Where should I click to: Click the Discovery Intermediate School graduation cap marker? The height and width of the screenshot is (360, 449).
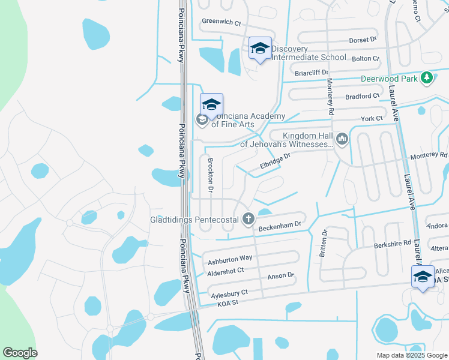click(260, 49)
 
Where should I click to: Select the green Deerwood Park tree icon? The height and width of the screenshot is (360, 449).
click(427, 78)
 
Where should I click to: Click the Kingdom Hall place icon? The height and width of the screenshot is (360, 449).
click(343, 139)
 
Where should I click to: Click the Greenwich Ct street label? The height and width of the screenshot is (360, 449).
click(221, 23)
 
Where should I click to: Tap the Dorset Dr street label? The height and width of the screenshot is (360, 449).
click(363, 40)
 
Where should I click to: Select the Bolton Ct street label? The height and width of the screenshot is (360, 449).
click(366, 58)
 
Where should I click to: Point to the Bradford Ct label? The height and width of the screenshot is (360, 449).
click(363, 95)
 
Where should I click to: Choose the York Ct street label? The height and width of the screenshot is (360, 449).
click(372, 119)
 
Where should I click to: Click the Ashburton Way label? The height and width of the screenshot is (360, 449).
click(230, 259)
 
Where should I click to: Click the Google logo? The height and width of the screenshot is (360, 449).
click(20, 353)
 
